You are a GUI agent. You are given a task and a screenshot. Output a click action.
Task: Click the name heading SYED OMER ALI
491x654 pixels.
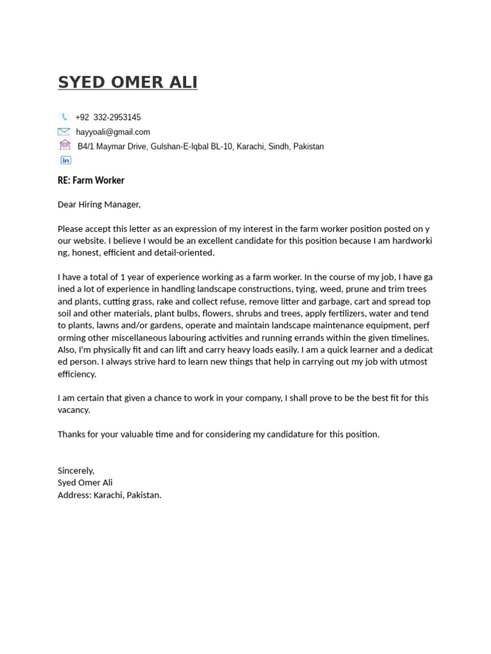(127, 82)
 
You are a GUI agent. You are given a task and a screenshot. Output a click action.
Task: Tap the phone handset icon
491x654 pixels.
(65, 117)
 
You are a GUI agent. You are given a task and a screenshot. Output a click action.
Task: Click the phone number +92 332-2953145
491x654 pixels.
(108, 118)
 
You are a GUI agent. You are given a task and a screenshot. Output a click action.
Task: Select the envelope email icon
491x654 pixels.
(64, 132)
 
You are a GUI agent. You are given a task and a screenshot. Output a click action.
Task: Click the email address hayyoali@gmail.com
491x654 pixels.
(113, 132)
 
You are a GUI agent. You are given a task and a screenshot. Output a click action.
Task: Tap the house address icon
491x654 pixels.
(65, 146)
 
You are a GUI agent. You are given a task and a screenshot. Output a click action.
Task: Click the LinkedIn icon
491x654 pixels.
(66, 160)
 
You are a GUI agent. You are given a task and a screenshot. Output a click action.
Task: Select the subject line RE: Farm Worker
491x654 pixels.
(91, 181)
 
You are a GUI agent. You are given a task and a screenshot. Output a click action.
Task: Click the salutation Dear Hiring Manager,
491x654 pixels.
(99, 204)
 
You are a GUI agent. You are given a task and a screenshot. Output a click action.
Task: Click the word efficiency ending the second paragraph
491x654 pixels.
(77, 374)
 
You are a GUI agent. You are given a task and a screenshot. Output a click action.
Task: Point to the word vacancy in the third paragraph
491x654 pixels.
(73, 410)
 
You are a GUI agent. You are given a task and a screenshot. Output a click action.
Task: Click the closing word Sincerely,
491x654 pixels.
(76, 471)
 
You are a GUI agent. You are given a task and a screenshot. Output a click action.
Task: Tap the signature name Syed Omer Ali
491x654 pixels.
(85, 483)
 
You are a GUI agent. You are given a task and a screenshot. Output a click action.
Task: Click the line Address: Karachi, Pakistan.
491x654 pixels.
(109, 495)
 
